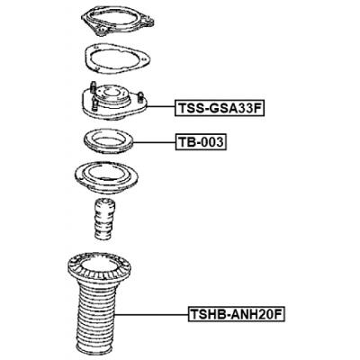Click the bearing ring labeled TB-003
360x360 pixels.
[x=107, y=141]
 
